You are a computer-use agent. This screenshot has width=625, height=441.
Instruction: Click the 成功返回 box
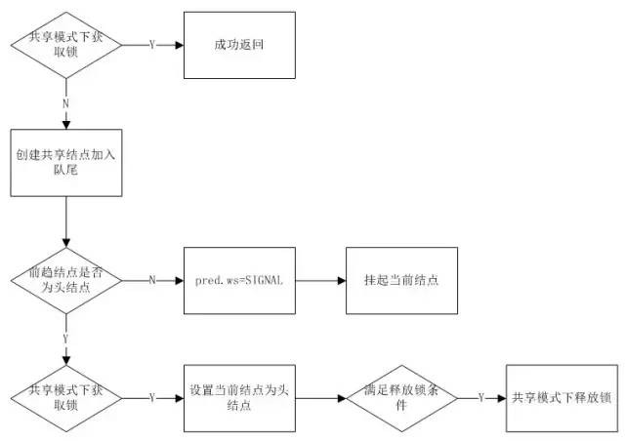239,45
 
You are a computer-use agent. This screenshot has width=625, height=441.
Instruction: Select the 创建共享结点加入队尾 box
66,162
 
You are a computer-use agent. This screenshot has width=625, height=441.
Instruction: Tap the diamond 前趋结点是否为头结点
66,280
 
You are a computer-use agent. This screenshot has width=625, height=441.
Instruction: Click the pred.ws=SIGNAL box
239,280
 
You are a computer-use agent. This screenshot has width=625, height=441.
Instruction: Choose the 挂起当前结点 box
402,280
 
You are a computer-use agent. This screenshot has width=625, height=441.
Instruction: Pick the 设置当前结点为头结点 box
239,398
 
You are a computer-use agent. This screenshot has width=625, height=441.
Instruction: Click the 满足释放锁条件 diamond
402,398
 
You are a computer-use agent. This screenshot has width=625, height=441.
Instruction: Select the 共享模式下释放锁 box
562,398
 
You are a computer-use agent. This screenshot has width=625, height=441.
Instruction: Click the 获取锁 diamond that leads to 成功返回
66,45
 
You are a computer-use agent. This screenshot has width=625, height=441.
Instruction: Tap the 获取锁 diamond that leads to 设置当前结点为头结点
66,398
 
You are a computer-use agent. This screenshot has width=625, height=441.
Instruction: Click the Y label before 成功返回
151,45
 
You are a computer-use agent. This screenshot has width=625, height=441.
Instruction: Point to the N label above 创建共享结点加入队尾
66,101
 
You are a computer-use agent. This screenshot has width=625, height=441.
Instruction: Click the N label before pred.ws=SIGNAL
151,280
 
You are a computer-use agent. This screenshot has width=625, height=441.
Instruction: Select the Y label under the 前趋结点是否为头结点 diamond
66,339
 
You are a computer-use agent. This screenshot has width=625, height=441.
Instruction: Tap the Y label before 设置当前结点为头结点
151,398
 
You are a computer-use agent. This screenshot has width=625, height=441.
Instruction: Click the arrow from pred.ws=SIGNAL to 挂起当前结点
320,280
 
